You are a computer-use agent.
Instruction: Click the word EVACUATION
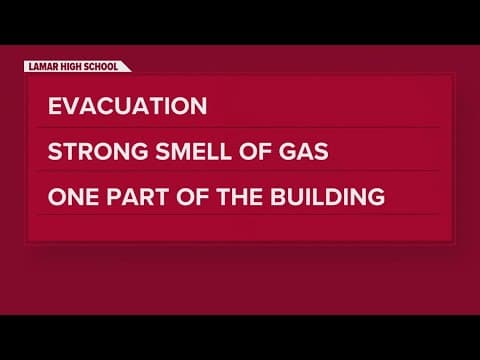pos(127,106)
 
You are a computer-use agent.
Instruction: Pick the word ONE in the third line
pos(70,196)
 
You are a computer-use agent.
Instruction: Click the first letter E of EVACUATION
pos(53,106)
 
